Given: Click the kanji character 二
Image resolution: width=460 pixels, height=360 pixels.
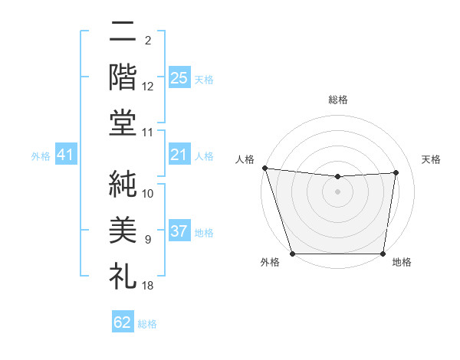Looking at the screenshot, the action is tap(123, 34).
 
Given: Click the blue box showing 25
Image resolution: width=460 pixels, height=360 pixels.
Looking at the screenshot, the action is tap(179, 77).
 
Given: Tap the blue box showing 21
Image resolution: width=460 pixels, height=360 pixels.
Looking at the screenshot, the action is tap(179, 155).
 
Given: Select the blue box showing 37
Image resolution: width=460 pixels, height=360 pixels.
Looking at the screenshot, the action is tap(179, 232).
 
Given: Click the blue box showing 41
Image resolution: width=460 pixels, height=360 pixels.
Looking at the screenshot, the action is tap(65, 155).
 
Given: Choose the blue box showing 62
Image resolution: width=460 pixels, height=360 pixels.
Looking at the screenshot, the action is tap(123, 322).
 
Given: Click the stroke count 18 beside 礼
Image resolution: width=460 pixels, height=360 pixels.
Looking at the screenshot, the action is tap(148, 286).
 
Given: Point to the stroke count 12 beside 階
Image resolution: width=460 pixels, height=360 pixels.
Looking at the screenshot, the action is tap(148, 86).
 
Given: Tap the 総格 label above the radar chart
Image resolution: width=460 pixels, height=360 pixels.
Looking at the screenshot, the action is tap(337, 100).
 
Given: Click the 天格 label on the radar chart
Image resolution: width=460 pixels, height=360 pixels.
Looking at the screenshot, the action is tap(431, 159).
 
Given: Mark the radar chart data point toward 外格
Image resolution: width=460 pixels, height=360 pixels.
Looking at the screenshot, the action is tap(292, 254).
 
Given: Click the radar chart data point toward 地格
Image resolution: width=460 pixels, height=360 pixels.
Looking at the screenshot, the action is tap(383, 254).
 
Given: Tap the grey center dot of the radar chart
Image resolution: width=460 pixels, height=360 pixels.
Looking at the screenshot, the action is tap(337, 191).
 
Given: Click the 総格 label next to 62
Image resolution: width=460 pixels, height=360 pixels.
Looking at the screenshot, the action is tap(147, 324).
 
